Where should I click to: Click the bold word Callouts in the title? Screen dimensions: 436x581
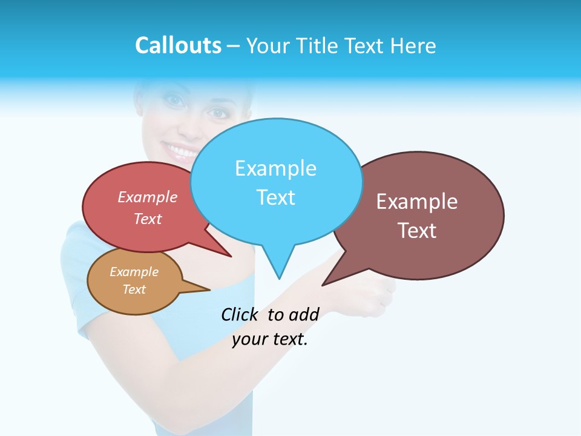[x=178, y=45]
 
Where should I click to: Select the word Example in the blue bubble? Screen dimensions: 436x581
[x=275, y=168]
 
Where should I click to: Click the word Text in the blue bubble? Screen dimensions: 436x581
[x=275, y=197]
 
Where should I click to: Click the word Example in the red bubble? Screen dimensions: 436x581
[x=148, y=197]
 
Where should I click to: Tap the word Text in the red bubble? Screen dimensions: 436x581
[x=148, y=219]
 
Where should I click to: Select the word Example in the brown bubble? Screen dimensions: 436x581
[x=417, y=202]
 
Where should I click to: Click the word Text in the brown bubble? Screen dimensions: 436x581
[x=417, y=231]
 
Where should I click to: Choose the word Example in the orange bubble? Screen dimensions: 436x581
[x=134, y=272]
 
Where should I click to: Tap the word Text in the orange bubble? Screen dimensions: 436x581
[x=134, y=289]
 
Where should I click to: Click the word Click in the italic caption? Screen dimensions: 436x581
[x=239, y=314]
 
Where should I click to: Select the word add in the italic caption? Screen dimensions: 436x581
[x=303, y=314]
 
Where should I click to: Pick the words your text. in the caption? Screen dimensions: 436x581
[x=270, y=339]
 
